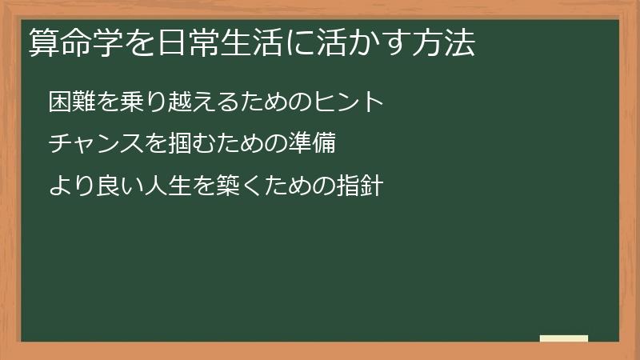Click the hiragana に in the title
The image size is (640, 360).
tap(308, 44)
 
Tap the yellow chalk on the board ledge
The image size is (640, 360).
tap(563, 338)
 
